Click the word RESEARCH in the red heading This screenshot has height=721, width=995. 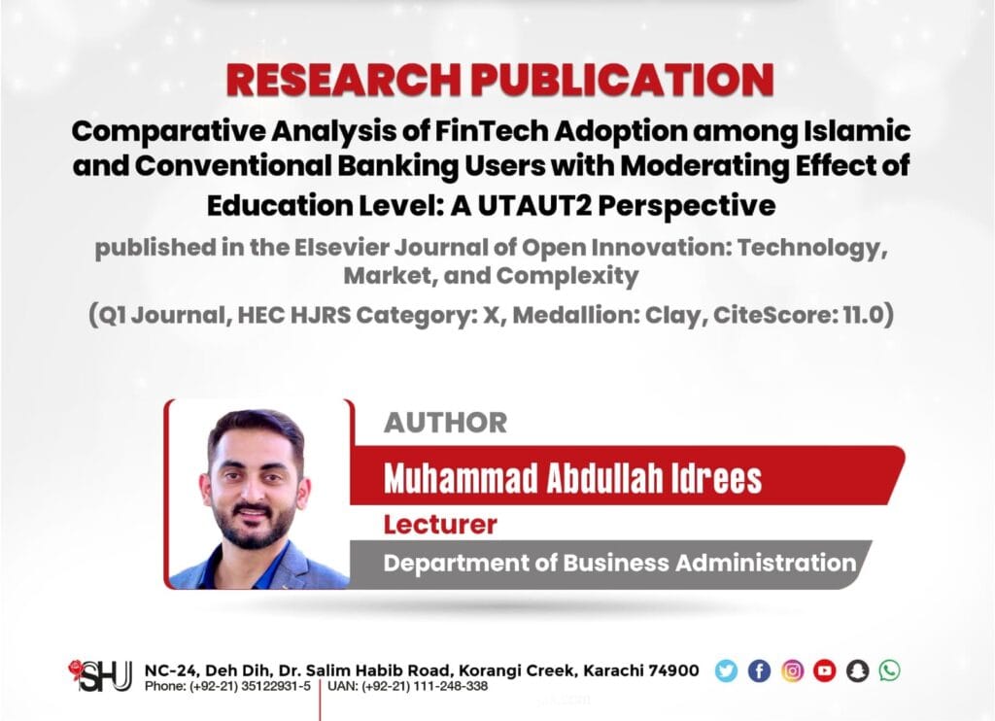(x=343, y=80)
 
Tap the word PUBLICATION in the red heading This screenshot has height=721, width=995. (x=622, y=80)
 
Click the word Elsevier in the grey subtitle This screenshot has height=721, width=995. (x=341, y=247)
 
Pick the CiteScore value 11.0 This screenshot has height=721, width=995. (x=863, y=314)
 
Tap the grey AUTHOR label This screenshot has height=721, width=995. (x=445, y=423)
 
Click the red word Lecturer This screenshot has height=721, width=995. (x=440, y=525)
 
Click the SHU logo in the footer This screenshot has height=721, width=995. (x=100, y=675)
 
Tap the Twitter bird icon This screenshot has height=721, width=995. (x=726, y=670)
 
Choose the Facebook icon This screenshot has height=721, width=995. (x=759, y=670)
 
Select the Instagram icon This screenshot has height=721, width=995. (x=792, y=670)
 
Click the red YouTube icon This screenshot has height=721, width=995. (x=824, y=670)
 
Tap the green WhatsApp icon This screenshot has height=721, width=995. (x=890, y=670)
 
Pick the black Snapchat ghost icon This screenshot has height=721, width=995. (x=857, y=670)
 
